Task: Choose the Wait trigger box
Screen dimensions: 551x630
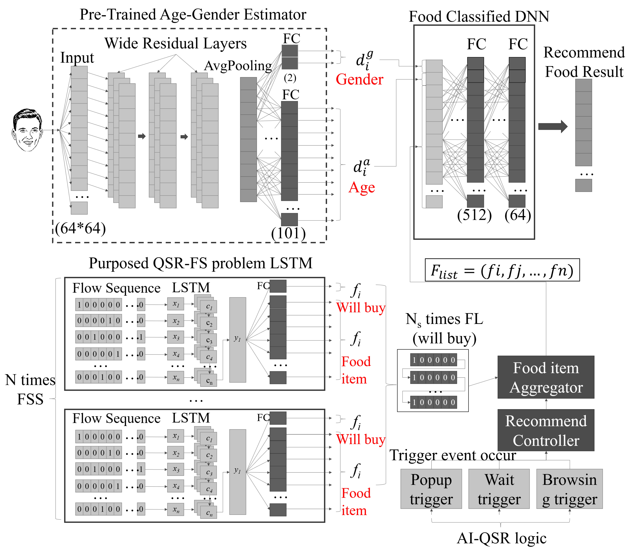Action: pos(499,489)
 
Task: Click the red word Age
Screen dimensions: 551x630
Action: pos(362,187)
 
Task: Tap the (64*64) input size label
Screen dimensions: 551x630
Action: pos(81,229)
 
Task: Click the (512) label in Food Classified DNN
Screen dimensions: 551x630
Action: pos(474,215)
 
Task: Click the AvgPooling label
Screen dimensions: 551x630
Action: pos(238,66)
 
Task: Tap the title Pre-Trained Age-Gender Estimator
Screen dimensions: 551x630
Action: pos(193,14)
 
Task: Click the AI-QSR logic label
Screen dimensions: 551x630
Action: pos(502,538)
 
